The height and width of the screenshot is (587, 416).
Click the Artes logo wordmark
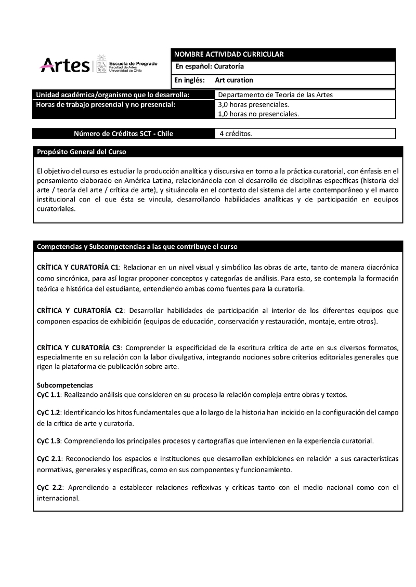point(64,65)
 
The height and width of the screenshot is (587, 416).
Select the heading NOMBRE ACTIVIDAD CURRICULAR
point(229,55)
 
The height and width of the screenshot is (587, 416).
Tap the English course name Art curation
point(234,80)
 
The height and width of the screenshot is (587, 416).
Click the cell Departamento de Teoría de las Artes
point(275,95)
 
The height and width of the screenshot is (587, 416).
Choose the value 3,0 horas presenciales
point(253,105)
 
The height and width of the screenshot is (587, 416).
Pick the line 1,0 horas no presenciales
point(258,114)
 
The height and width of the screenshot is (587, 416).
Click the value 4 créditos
point(236,134)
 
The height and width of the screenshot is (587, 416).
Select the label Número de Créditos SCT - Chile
point(124,134)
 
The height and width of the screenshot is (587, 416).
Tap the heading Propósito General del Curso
point(81,152)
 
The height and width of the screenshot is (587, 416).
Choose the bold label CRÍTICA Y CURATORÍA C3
point(79,346)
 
